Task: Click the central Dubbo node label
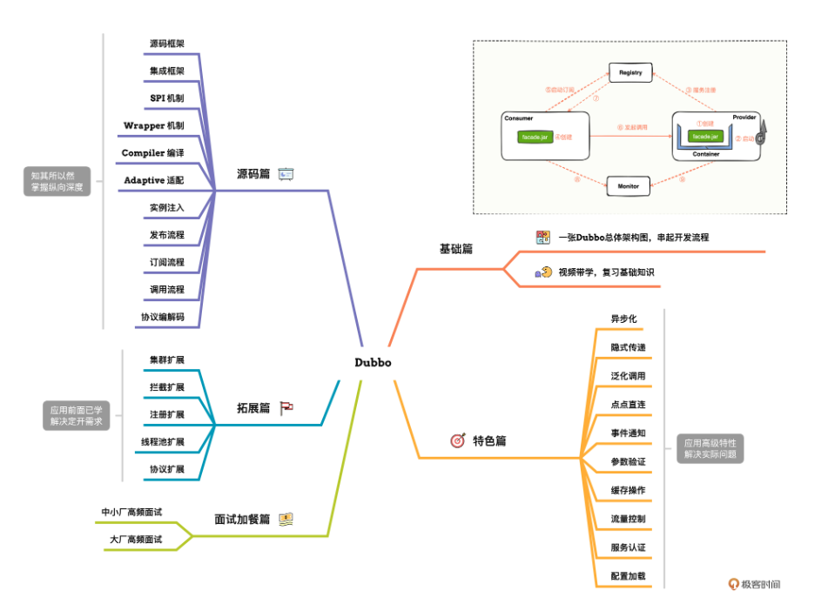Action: point(373,362)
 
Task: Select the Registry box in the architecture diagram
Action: point(630,72)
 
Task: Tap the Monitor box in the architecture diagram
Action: point(629,185)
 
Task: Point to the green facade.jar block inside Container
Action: point(705,137)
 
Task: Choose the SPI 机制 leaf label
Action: point(167,97)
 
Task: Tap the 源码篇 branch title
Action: point(253,174)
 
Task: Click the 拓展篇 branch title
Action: point(253,407)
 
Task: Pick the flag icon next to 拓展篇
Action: point(286,407)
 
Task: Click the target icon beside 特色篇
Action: point(458,440)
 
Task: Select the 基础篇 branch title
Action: point(455,249)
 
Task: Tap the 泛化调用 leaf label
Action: point(628,376)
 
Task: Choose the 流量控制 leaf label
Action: point(628,519)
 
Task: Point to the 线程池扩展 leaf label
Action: point(163,441)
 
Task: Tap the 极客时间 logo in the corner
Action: point(755,584)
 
